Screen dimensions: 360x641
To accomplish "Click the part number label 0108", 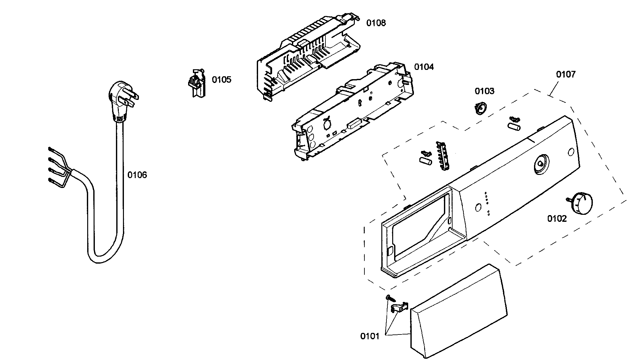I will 376,23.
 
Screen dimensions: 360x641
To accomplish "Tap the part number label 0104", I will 424,67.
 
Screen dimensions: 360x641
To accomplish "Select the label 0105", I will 221,80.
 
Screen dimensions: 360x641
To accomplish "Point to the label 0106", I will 137,175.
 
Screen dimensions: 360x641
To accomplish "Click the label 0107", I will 566,74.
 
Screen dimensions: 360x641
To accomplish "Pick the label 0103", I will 484,91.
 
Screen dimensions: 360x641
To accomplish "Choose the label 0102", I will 557,219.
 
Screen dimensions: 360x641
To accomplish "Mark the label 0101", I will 370,336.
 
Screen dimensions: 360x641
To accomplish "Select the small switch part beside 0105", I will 197,83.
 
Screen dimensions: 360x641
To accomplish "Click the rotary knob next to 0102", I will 581,204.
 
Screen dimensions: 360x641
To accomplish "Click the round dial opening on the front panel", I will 540,165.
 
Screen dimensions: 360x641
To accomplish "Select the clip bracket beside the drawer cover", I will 399,307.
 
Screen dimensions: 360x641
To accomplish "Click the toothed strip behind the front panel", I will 442,156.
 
